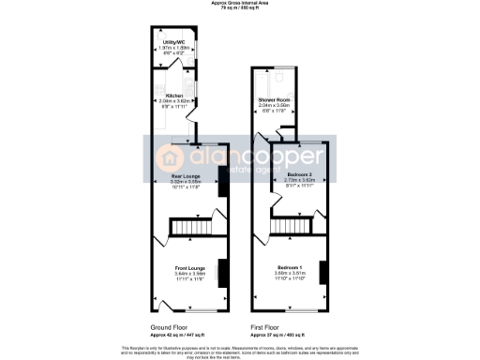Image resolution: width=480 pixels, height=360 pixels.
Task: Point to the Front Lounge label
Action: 190,269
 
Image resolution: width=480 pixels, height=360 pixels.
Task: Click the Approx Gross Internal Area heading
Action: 239,5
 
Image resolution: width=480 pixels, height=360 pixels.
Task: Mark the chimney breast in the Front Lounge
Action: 221,271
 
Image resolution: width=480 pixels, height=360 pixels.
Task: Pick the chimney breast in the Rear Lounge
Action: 221,187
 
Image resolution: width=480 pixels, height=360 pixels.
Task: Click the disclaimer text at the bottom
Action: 239,350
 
